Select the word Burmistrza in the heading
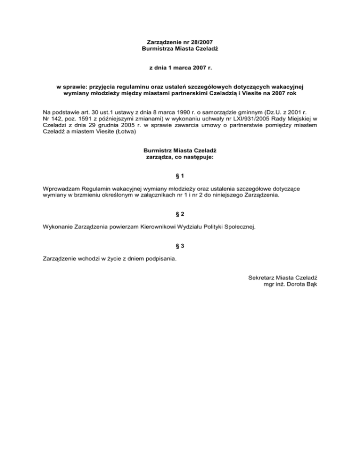pyautogui.click(x=157, y=49)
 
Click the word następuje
pyautogui.click(x=197, y=158)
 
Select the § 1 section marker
pyautogui.click(x=180, y=176)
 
